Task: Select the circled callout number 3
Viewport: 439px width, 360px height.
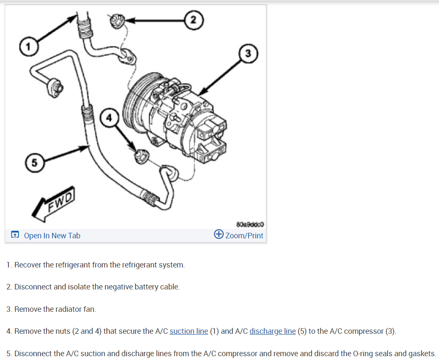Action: [x=248, y=53]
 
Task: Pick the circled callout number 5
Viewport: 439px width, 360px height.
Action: [x=34, y=161]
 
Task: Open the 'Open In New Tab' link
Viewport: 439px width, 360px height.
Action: [x=51, y=236]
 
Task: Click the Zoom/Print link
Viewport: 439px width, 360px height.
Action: [x=244, y=236]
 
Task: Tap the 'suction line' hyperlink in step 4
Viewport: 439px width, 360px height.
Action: [x=189, y=331]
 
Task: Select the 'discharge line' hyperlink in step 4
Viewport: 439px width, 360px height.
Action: [x=272, y=331]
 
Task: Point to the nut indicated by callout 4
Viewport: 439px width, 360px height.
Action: [x=140, y=156]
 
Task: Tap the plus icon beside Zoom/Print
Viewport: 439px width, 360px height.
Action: [x=219, y=235]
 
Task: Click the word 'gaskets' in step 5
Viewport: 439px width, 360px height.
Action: [x=420, y=354]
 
